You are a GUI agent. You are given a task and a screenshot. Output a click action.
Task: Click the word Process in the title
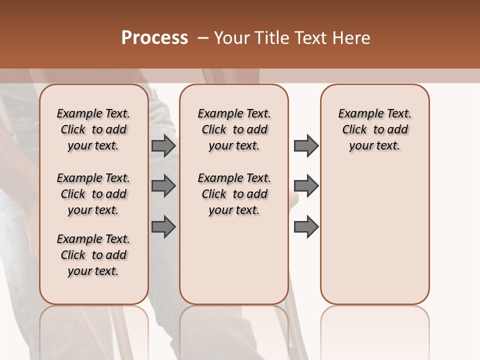(154, 38)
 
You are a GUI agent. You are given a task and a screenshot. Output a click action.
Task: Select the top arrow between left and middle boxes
(163, 145)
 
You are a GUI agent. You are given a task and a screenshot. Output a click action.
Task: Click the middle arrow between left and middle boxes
(163, 186)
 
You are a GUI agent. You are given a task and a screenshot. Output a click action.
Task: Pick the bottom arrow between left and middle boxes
(163, 226)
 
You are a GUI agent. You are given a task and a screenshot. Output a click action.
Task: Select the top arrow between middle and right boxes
(306, 145)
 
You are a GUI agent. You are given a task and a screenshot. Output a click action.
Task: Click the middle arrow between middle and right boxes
(306, 186)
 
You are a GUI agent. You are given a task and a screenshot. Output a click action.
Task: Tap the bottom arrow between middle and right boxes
(306, 226)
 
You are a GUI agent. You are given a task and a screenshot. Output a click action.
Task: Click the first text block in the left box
(93, 129)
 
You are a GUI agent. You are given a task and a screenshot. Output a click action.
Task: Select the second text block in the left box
(93, 194)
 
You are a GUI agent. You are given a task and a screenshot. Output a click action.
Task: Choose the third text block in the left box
(93, 255)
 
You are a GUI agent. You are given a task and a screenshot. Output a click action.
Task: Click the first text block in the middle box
(234, 129)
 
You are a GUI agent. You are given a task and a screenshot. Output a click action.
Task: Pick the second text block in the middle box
(234, 194)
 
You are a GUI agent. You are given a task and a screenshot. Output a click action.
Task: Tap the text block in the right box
(374, 129)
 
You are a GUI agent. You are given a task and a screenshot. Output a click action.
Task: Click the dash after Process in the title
(202, 38)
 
